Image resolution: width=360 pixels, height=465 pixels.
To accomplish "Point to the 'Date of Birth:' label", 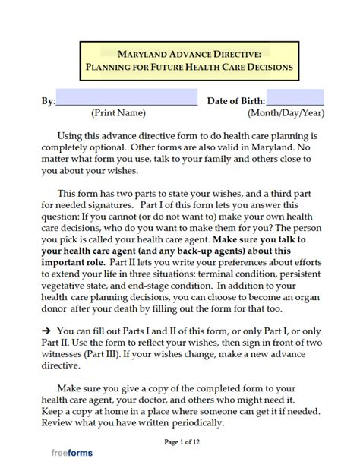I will click(x=235, y=101).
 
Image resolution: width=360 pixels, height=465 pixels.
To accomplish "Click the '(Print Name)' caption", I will click(x=118, y=114).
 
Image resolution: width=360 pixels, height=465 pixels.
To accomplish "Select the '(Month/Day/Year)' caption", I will click(x=286, y=114).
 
